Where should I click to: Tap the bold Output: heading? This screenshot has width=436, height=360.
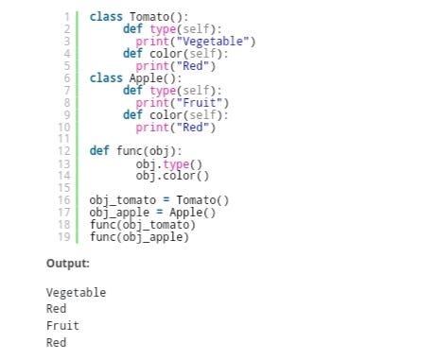point(68,264)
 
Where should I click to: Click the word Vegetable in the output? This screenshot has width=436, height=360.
point(76,293)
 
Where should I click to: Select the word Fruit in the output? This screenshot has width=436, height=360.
point(62,326)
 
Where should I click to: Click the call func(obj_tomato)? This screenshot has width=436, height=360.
point(142,225)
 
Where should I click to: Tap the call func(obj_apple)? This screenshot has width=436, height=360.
point(139,237)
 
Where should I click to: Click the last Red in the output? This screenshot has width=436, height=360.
point(56,343)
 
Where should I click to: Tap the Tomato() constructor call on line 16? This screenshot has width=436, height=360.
point(203,200)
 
